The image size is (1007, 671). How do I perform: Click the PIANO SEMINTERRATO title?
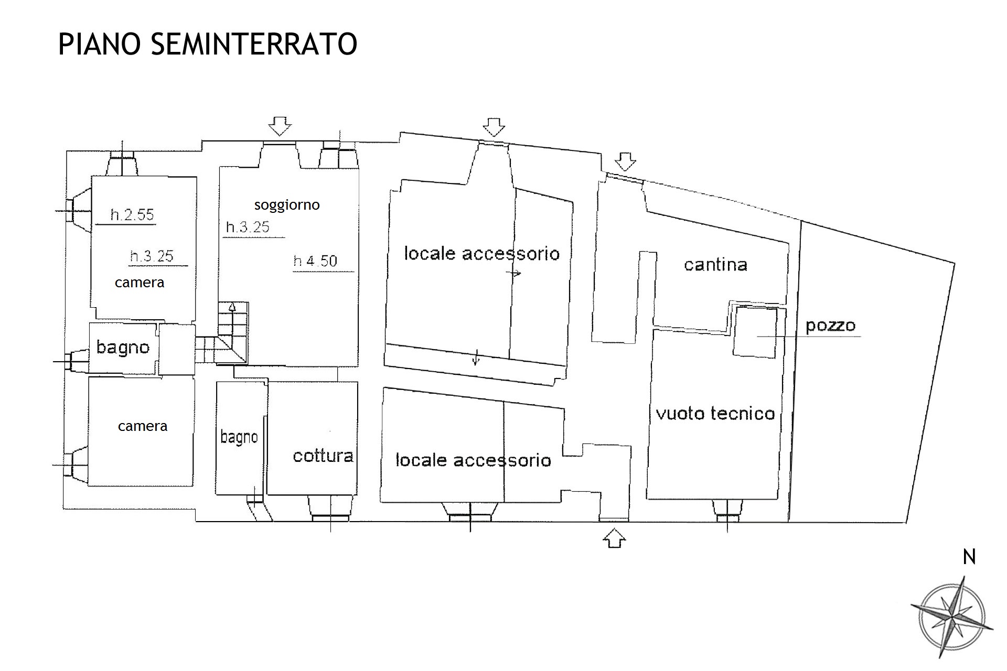coord(208,44)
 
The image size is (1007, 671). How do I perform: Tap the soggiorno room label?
coord(287,205)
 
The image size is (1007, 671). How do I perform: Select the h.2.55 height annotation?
coord(132,214)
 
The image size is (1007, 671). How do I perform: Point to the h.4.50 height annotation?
coord(315,261)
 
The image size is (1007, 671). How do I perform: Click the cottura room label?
coord(323,456)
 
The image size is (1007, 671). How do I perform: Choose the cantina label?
coord(715,265)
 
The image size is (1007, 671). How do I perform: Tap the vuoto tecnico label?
coord(715,414)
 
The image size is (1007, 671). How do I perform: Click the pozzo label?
coord(830,326)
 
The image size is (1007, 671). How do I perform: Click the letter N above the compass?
coord(969,557)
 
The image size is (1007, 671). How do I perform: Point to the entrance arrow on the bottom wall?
coord(615,538)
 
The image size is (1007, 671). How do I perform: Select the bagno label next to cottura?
coord(239,437)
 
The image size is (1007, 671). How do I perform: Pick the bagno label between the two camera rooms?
coord(123,348)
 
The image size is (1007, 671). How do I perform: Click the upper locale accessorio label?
coord(481,254)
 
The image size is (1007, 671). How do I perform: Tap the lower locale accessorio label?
coord(473,460)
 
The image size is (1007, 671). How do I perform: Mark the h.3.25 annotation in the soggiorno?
coord(248,227)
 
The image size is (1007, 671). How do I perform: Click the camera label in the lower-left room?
coord(143,426)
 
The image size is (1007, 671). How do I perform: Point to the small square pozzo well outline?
coord(755,332)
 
